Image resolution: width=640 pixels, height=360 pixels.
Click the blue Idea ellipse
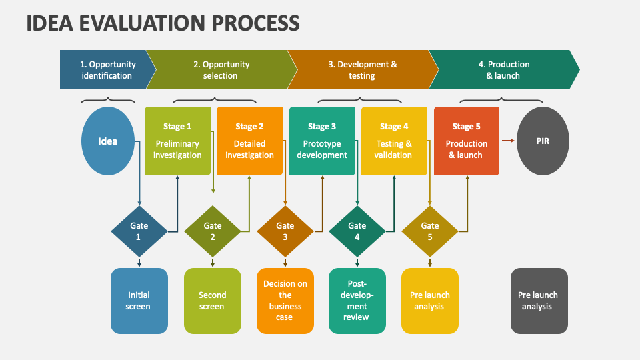pos(107,141)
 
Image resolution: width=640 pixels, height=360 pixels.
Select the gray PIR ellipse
pos(543,141)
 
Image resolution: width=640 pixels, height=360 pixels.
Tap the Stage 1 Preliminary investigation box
pos(177,141)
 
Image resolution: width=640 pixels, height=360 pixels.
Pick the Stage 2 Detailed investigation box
pos(249,141)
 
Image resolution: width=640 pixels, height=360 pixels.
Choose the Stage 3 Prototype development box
pos(322,141)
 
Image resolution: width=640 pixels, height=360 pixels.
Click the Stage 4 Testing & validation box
pos(394,141)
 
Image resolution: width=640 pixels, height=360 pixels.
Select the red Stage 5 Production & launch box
pos(466,141)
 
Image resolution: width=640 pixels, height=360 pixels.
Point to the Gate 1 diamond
pos(139,231)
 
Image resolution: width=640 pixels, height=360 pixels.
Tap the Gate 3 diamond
pos(285,231)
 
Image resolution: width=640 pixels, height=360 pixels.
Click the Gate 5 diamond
pos(430,231)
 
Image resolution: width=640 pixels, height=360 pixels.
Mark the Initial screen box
pos(139,301)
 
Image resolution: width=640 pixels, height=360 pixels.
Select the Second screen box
pos(212,301)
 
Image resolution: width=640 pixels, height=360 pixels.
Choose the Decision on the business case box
pos(285,301)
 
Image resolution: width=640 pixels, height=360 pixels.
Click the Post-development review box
pos(357,301)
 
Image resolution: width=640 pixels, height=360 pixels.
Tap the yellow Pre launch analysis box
pos(430,301)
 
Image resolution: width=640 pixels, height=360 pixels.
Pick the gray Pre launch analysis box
pos(539,301)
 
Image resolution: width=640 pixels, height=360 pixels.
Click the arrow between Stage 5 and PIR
pos(508,140)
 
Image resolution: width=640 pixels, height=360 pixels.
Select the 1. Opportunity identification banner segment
pos(105,70)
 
